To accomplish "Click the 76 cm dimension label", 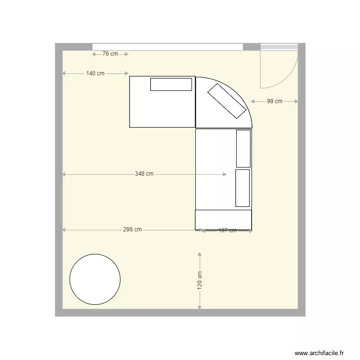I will pyautogui.click(x=110, y=54).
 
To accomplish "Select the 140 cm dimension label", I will pyautogui.click(x=96, y=73).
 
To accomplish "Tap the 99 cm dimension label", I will pyautogui.click(x=275, y=101).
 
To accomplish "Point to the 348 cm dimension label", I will pyautogui.click(x=144, y=174).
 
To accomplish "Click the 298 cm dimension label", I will pyautogui.click(x=132, y=230).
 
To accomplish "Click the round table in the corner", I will pyautogui.click(x=95, y=279).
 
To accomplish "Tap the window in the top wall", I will pyautogui.click(x=168, y=47).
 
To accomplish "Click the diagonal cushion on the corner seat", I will pyautogui.click(x=226, y=101).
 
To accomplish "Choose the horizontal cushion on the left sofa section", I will pyautogui.click(x=171, y=84).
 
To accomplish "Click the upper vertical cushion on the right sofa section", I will pyautogui.click(x=243, y=148).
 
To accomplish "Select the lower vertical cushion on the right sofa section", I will pyautogui.click(x=242, y=187).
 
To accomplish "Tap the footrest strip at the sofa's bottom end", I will pyautogui.click(x=223, y=219).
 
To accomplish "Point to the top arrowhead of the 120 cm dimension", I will pyautogui.click(x=200, y=254).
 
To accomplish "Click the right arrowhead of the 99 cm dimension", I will pyautogui.click(x=297, y=101).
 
